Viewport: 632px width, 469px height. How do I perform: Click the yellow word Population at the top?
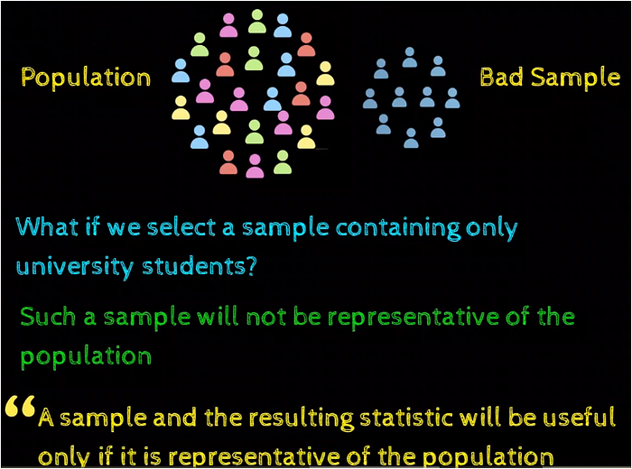tap(86, 78)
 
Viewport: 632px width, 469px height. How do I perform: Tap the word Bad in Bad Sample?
tap(502, 77)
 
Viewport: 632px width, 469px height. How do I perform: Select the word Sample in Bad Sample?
tap(575, 78)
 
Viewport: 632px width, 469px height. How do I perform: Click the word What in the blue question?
tap(47, 226)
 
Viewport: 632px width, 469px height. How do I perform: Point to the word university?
tap(75, 266)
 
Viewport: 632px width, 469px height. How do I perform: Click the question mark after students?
tap(251, 266)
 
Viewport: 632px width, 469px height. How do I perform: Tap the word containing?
tap(398, 228)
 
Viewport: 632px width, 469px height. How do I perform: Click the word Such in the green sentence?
tap(48, 317)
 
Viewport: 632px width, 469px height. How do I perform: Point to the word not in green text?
tap(266, 317)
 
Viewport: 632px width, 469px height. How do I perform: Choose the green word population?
tap(86, 357)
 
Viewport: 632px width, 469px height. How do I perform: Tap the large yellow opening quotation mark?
tap(20, 406)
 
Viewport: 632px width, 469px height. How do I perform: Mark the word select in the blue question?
tap(181, 227)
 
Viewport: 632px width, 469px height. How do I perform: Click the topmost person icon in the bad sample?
tap(410, 57)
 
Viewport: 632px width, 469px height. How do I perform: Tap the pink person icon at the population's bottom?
tap(255, 166)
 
